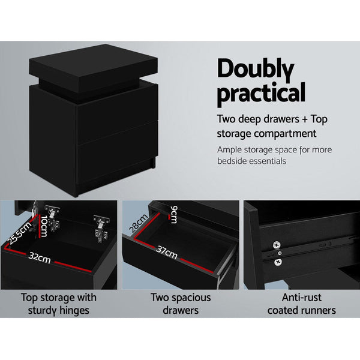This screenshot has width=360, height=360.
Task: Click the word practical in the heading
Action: pyautogui.click(x=261, y=94)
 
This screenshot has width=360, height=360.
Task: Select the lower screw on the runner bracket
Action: pyautogui.click(x=278, y=262)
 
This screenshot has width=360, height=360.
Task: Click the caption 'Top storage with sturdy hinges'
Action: pyautogui.click(x=58, y=303)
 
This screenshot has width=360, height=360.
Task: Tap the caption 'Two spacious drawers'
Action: pyautogui.click(x=180, y=303)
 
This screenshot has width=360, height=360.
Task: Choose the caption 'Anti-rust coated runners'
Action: pyautogui.click(x=301, y=303)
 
